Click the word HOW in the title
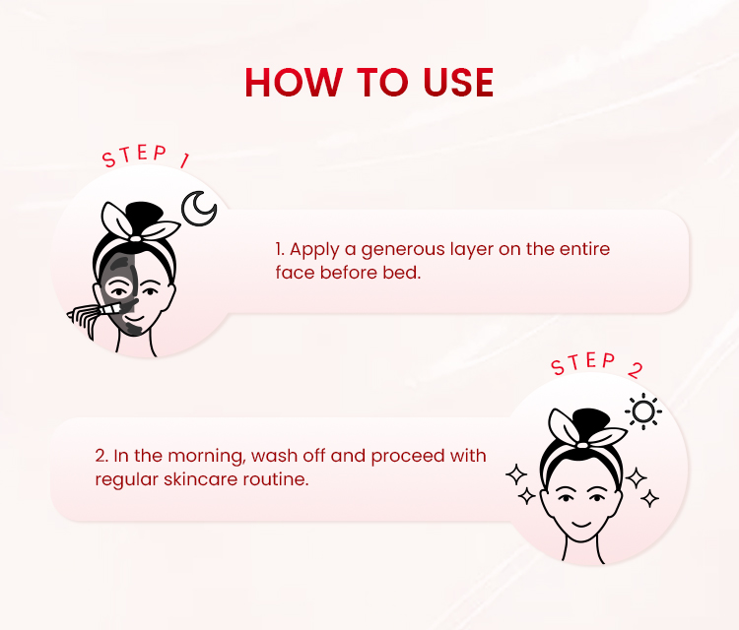click(294, 83)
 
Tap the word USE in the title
click(458, 83)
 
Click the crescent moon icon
click(198, 208)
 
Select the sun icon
click(643, 412)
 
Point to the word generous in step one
click(403, 250)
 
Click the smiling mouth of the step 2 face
click(580, 524)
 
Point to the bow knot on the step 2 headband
click(582, 445)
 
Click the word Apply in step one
click(314, 250)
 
